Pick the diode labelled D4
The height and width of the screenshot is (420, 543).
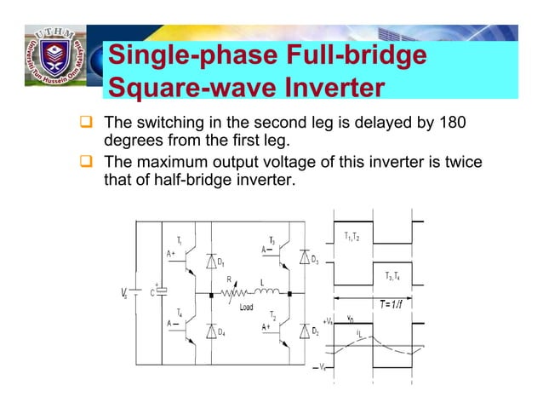(210, 331)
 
